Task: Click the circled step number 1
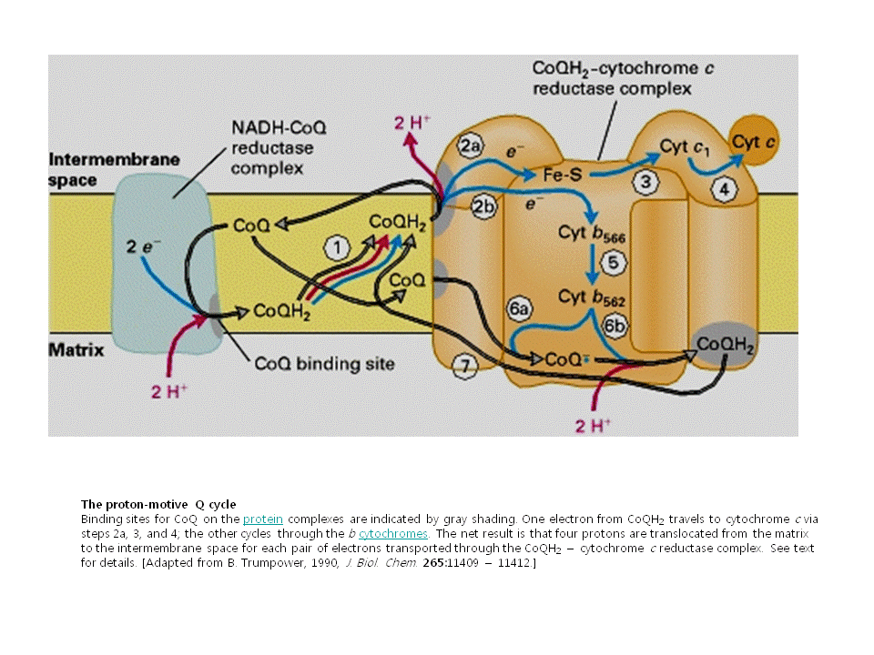(337, 247)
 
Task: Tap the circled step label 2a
(470, 146)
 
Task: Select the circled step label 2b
(483, 207)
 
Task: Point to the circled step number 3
(645, 183)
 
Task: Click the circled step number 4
(724, 190)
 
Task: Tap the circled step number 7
(464, 366)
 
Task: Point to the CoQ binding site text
(324, 364)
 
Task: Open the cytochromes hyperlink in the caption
(392, 533)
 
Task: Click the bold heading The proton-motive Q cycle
(158, 504)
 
